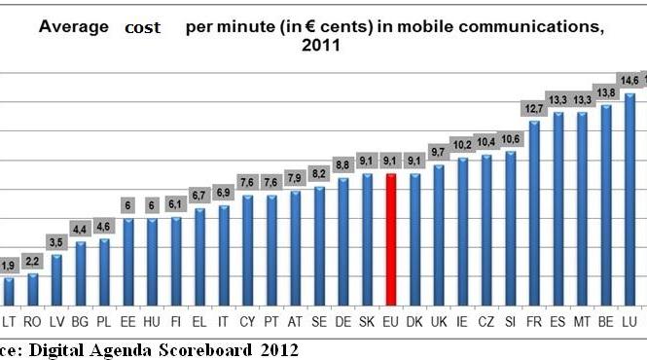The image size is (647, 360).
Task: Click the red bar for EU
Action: [x=391, y=240]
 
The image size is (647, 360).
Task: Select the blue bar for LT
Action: [x=10, y=292]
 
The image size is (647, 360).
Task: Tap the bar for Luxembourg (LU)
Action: [x=629, y=199]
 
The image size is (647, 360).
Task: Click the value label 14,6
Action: [x=629, y=80]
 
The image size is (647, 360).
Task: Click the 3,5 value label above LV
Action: [x=57, y=242]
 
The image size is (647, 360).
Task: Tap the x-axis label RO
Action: [x=34, y=319]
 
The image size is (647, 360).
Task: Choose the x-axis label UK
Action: [x=439, y=319]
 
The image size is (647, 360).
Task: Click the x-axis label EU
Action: [x=391, y=319]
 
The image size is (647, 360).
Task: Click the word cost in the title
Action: [x=143, y=28]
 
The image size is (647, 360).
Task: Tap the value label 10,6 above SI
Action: [x=510, y=138]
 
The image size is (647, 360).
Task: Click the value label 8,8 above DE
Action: [x=343, y=165]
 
